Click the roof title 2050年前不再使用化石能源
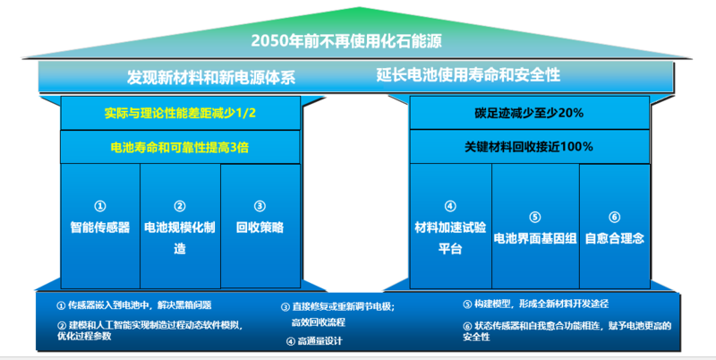tap(346, 41)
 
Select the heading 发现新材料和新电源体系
tap(211, 77)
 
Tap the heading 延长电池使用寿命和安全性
tap(468, 74)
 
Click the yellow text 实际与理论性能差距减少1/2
tap(180, 113)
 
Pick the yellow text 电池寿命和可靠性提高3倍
tap(180, 147)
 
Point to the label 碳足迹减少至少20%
tap(529, 113)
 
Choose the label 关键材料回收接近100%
tap(529, 147)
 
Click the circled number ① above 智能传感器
tap(100, 207)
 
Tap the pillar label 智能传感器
tap(100, 227)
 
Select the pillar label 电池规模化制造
tap(180, 237)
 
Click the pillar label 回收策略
tap(260, 227)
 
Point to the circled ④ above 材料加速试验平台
tap(450, 207)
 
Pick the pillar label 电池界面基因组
tap(535, 238)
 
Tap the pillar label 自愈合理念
tap(615, 238)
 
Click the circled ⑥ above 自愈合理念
tap(615, 217)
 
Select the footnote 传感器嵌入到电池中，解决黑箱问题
tap(140, 305)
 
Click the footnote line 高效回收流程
tap(319, 322)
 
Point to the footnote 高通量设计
tap(320, 341)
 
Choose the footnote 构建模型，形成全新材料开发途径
tap(541, 304)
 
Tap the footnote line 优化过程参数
tap(84, 336)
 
